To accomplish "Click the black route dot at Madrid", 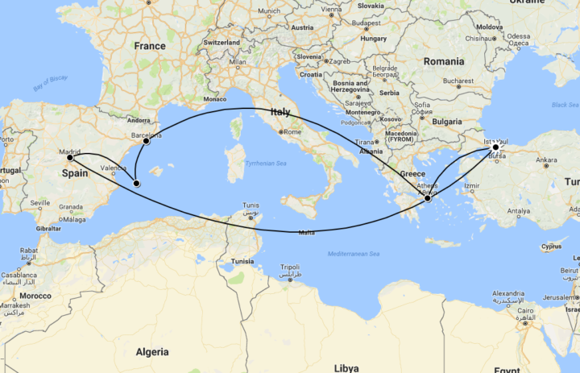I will click(71, 158).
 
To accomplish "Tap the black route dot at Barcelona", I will click(146, 142).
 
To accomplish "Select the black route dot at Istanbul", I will click(496, 148).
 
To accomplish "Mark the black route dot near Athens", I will click(428, 197).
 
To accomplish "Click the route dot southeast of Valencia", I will click(136, 184).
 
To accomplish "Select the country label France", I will click(150, 46).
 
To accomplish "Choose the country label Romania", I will click(444, 61).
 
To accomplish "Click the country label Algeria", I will click(152, 352).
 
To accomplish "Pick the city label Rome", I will click(292, 132).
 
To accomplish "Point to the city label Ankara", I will click(545, 160).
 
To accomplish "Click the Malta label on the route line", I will click(306, 233).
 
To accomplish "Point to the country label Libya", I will click(347, 367).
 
